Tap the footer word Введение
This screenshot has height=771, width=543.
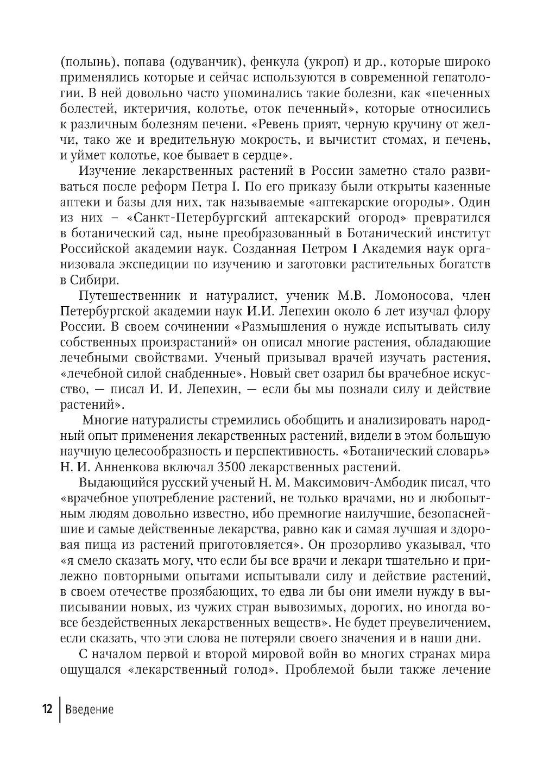click(89, 709)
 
